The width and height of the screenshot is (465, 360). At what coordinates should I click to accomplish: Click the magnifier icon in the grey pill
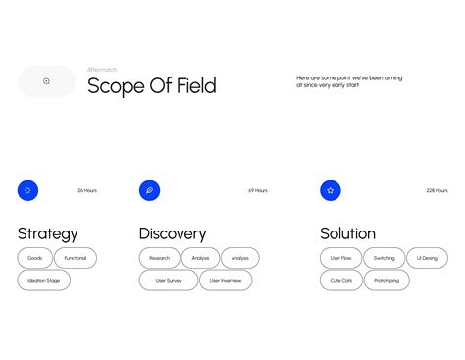pyautogui.click(x=46, y=81)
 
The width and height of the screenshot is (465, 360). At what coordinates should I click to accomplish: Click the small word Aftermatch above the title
pyautogui.click(x=102, y=70)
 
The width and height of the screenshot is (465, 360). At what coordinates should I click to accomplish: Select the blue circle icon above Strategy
pyautogui.click(x=27, y=190)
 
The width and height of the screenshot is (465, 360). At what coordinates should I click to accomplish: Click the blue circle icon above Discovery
pyautogui.click(x=149, y=190)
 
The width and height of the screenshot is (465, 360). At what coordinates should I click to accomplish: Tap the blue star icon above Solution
pyautogui.click(x=331, y=190)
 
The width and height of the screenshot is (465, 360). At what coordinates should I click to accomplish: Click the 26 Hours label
pyautogui.click(x=87, y=190)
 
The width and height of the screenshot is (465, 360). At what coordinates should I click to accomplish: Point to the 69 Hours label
pyautogui.click(x=258, y=190)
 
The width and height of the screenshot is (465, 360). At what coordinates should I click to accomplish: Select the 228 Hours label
pyautogui.click(x=437, y=190)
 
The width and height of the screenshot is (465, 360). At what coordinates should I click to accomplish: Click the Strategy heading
pyautogui.click(x=47, y=233)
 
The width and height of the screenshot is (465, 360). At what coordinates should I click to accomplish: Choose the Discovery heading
pyautogui.click(x=173, y=233)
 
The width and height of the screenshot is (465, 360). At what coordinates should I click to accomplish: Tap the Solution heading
pyautogui.click(x=347, y=233)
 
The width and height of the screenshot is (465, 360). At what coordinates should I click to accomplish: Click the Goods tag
pyautogui.click(x=34, y=258)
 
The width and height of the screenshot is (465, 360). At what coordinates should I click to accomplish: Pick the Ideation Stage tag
pyautogui.click(x=44, y=281)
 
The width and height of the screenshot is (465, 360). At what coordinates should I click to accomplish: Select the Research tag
pyautogui.click(x=159, y=258)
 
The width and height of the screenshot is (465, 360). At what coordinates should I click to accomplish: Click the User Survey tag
pyautogui.click(x=168, y=281)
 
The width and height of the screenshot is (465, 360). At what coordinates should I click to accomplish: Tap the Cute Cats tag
pyautogui.click(x=340, y=281)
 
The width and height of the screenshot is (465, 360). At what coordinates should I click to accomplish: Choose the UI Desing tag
pyautogui.click(x=427, y=258)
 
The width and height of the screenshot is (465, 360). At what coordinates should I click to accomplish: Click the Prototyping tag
pyautogui.click(x=387, y=281)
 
